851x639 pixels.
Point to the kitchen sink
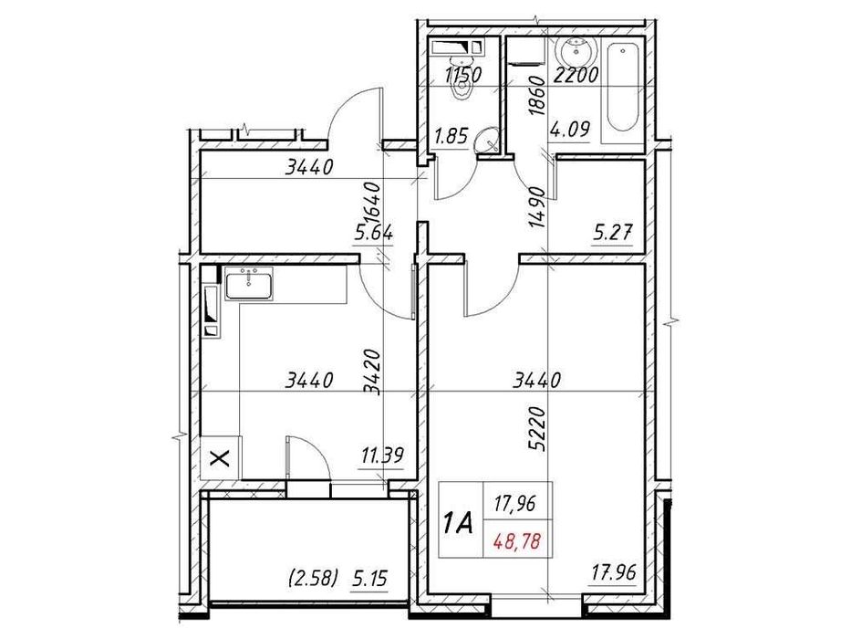(247, 285)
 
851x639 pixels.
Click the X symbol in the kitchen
(220, 457)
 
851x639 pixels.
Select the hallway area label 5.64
(373, 233)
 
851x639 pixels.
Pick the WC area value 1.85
(451, 137)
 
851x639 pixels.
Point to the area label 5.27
(612, 234)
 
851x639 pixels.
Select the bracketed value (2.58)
(312, 578)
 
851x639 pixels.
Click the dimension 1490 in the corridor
(536, 209)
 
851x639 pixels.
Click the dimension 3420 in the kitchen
(372, 370)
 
